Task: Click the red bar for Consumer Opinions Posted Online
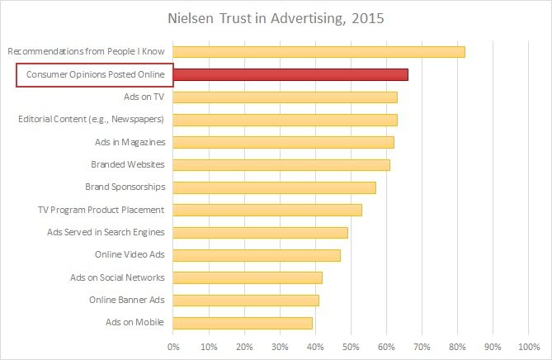pos(290,75)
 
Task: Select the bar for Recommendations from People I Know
pos(318,52)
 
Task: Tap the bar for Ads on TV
pos(285,97)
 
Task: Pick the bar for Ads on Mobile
pos(243,322)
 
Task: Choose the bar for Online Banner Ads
pos(246,300)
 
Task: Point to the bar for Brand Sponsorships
pos(274,187)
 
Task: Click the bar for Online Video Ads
pos(257,254)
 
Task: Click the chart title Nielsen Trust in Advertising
pos(248,18)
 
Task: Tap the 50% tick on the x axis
pos(351,346)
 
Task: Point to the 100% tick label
pos(527,346)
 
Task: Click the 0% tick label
pos(173,346)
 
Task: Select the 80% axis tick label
pos(457,346)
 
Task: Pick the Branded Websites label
pos(127,164)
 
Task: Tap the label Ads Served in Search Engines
pos(106,232)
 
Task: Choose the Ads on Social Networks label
pos(116,277)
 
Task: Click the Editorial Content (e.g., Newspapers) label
pos(92,120)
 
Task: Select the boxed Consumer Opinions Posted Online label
pos(95,75)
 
